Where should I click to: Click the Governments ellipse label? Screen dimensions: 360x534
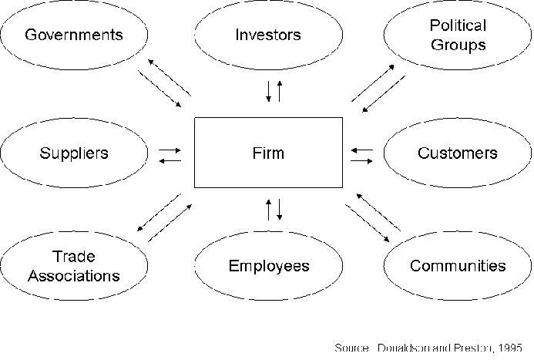pos(74,35)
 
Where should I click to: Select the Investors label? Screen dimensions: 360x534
pos(268,35)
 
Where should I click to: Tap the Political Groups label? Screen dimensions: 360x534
pos(458,35)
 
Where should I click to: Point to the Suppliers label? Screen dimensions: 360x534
pos(74,153)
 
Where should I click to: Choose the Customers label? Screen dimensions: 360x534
pos(458,153)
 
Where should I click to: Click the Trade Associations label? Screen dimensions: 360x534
pos(75,266)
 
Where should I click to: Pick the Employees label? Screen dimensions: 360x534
pos(268,266)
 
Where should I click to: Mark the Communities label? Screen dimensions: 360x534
pos(458,266)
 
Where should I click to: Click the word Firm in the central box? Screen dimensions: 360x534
pos(268,153)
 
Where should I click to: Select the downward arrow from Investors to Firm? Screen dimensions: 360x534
pos(268,90)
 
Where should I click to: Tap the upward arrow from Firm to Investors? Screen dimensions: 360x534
pos(280,90)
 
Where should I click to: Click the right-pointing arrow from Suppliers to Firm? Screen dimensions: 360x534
pos(170,150)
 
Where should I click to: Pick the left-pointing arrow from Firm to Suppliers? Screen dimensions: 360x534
pos(170,160)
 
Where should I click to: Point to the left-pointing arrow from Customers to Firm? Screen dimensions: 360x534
pos(361,150)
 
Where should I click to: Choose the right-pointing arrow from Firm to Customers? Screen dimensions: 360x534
pos(361,160)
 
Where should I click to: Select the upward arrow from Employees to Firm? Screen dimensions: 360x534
pos(268,209)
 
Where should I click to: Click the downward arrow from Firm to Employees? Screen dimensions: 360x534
pos(280,209)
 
